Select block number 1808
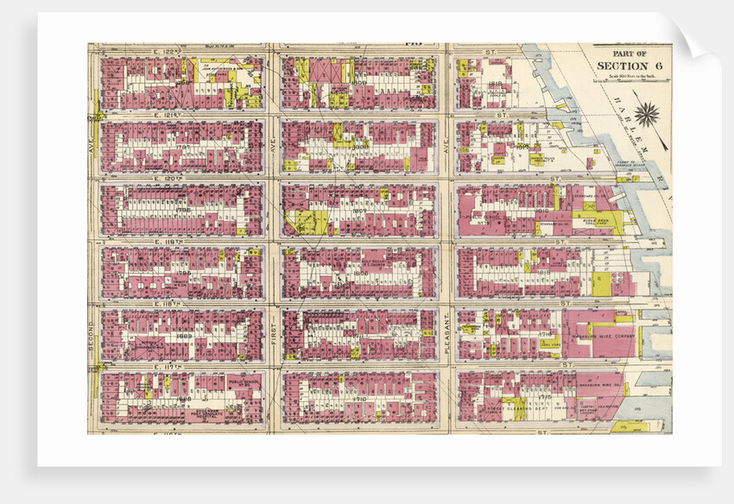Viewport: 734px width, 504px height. point(358,84)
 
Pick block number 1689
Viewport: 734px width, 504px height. point(184,335)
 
